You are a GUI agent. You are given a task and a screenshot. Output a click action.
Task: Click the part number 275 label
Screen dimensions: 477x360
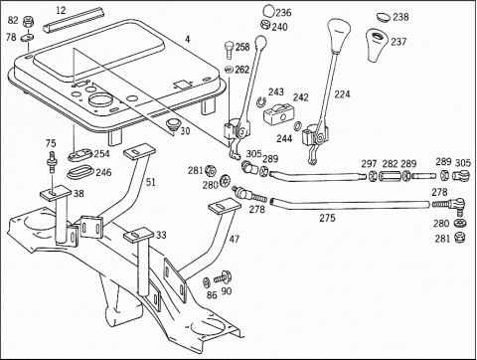pyautogui.click(x=327, y=218)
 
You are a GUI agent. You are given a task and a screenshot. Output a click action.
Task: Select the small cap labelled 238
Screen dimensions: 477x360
pyautogui.click(x=384, y=17)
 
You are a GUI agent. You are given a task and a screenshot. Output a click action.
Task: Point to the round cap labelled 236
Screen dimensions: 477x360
pyautogui.click(x=268, y=10)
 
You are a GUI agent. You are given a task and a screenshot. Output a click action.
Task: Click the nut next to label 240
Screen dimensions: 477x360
pyautogui.click(x=265, y=25)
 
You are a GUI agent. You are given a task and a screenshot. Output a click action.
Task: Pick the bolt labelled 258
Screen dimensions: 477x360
pyautogui.click(x=230, y=50)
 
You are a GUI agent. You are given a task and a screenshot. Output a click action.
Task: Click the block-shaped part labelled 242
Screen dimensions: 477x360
pyautogui.click(x=278, y=113)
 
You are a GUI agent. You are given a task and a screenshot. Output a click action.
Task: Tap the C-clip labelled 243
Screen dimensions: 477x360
pyautogui.click(x=261, y=101)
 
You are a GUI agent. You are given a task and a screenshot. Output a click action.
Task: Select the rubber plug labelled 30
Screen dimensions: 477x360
pyautogui.click(x=172, y=125)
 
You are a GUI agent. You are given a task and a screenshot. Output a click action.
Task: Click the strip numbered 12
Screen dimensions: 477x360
pyautogui.click(x=74, y=21)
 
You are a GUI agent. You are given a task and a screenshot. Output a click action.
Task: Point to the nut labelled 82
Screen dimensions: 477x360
pyautogui.click(x=29, y=22)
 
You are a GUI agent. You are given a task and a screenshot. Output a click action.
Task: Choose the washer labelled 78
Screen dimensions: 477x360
pyautogui.click(x=27, y=38)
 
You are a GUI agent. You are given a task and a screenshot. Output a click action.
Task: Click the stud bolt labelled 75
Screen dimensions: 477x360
pyautogui.click(x=52, y=162)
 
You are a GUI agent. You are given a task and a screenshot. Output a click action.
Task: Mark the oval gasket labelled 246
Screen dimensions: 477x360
pyautogui.click(x=79, y=173)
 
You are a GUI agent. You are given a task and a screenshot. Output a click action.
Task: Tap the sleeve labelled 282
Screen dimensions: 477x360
pyautogui.click(x=391, y=175)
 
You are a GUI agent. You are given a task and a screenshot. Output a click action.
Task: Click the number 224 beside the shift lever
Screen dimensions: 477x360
pyautogui.click(x=342, y=94)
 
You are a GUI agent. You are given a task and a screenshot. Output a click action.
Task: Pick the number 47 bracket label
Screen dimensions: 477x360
pyautogui.click(x=234, y=239)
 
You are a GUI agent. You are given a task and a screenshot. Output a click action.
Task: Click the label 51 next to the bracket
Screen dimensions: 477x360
pyautogui.click(x=150, y=182)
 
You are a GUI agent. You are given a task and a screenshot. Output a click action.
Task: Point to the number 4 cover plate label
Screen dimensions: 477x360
pyautogui.click(x=188, y=39)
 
